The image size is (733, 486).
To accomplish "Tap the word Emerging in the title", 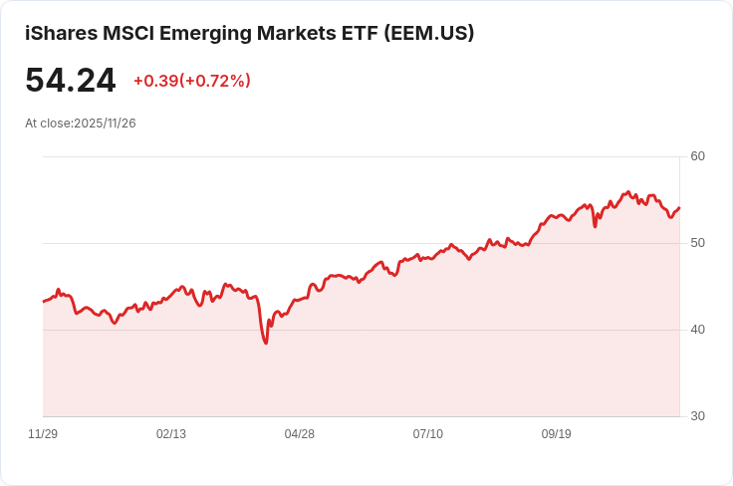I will click(x=208, y=33).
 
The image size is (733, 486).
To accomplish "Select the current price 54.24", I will click(x=70, y=81).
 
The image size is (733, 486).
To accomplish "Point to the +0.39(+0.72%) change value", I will click(x=191, y=81).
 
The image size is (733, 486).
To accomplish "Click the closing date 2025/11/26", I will click(x=105, y=123).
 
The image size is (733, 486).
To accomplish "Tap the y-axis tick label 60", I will click(x=697, y=156).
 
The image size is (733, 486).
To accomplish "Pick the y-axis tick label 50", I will click(x=697, y=243).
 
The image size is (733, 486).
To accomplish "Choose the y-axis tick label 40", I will click(x=697, y=330).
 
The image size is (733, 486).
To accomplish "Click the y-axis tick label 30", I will click(x=697, y=416).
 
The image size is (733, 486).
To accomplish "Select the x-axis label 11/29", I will click(x=43, y=434).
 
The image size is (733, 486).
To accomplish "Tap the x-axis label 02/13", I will click(x=171, y=434).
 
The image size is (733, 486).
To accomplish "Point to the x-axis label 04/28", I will click(x=300, y=434).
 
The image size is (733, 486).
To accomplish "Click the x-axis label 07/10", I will click(x=428, y=434).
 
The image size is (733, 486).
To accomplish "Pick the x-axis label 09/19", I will click(x=556, y=434).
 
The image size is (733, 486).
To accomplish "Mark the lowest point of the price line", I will click(x=266, y=344).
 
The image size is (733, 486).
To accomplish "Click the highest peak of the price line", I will click(x=628, y=191).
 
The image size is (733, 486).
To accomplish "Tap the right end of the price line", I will click(x=679, y=207).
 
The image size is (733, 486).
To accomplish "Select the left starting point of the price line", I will click(x=43, y=301).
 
